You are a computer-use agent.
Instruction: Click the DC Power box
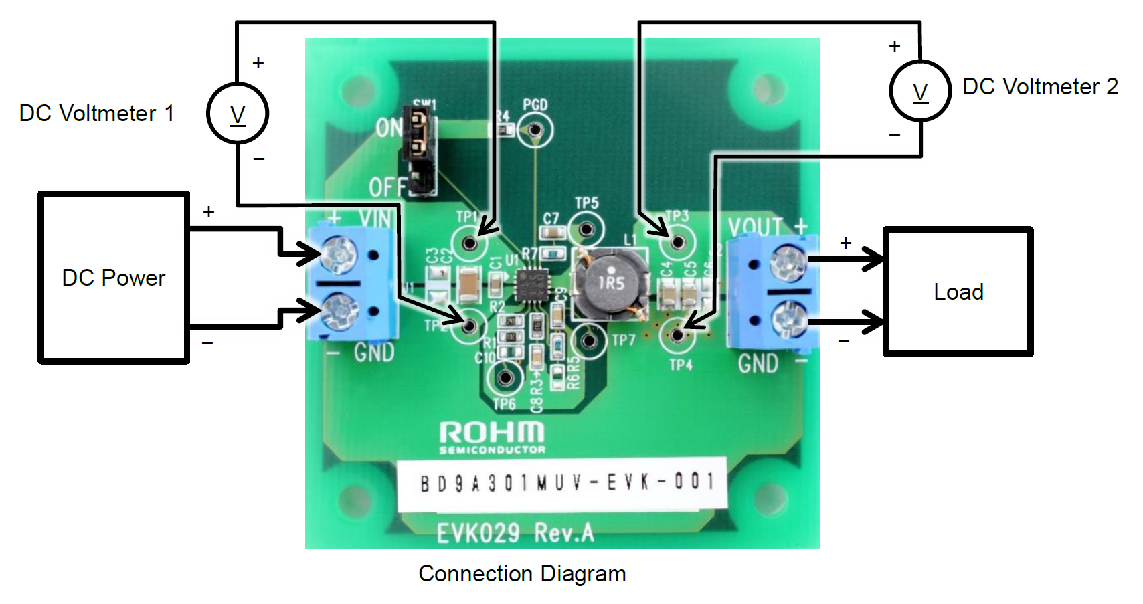click(114, 278)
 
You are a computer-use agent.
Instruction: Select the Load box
click(958, 292)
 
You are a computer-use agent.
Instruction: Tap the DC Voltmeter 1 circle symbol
click(238, 113)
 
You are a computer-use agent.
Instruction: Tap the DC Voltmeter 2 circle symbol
click(920, 91)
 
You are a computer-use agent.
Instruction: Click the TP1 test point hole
click(470, 242)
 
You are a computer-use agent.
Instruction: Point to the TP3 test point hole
click(677, 241)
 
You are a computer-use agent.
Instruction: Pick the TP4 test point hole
click(677, 334)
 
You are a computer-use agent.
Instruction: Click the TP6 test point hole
click(505, 378)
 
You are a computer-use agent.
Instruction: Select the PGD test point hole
click(535, 130)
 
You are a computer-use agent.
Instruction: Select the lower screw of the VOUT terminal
click(790, 320)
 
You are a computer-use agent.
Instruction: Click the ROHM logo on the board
click(492, 437)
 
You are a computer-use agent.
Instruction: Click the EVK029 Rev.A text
click(515, 533)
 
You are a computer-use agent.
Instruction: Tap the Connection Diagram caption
click(522, 574)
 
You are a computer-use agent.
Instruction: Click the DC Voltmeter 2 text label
click(1040, 87)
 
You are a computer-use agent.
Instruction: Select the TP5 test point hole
click(586, 230)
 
